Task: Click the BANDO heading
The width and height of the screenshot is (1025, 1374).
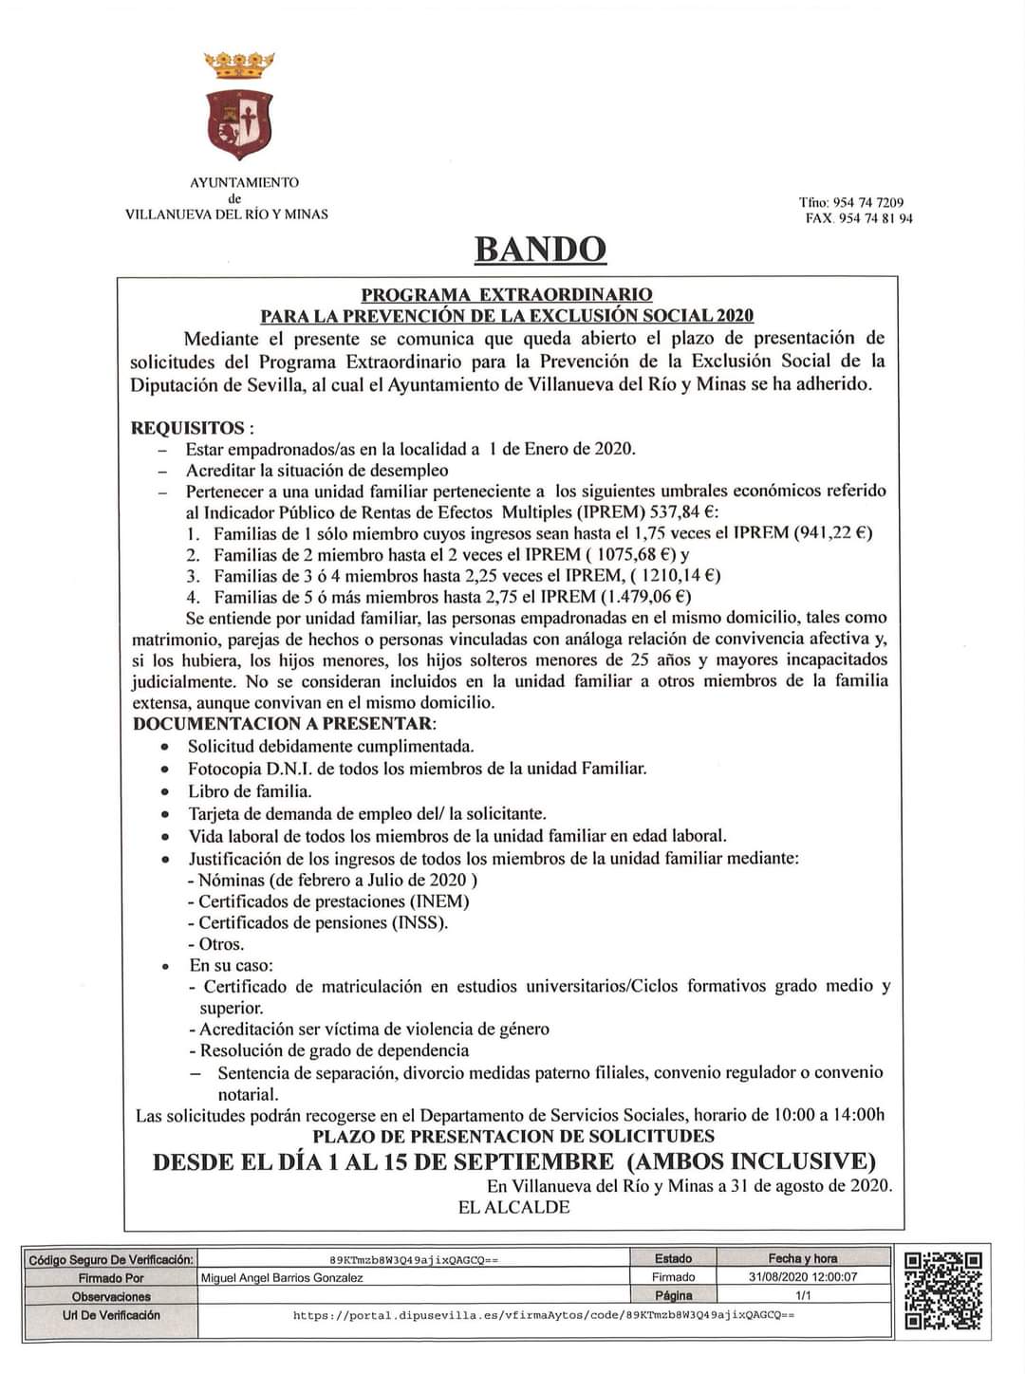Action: (539, 250)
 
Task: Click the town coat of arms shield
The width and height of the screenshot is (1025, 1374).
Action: (239, 124)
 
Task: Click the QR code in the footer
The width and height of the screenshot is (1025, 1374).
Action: (942, 1290)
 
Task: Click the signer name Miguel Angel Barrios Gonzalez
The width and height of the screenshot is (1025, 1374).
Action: (282, 1277)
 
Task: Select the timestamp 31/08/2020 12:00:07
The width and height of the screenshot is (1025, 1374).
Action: (803, 1277)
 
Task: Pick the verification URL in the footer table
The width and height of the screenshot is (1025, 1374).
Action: (544, 1315)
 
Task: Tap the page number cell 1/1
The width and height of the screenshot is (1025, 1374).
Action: (803, 1295)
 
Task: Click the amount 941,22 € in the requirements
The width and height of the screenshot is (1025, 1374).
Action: (833, 532)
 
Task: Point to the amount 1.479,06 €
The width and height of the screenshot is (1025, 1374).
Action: (644, 596)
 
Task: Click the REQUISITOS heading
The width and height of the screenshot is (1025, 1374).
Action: (187, 428)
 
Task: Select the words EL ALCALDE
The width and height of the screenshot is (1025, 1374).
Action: (513, 1207)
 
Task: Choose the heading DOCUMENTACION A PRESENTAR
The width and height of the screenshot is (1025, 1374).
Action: (283, 723)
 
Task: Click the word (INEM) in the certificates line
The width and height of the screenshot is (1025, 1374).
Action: (439, 901)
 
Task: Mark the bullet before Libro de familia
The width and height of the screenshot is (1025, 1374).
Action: (166, 791)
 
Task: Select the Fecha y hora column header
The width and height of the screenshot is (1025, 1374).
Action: (803, 1258)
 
